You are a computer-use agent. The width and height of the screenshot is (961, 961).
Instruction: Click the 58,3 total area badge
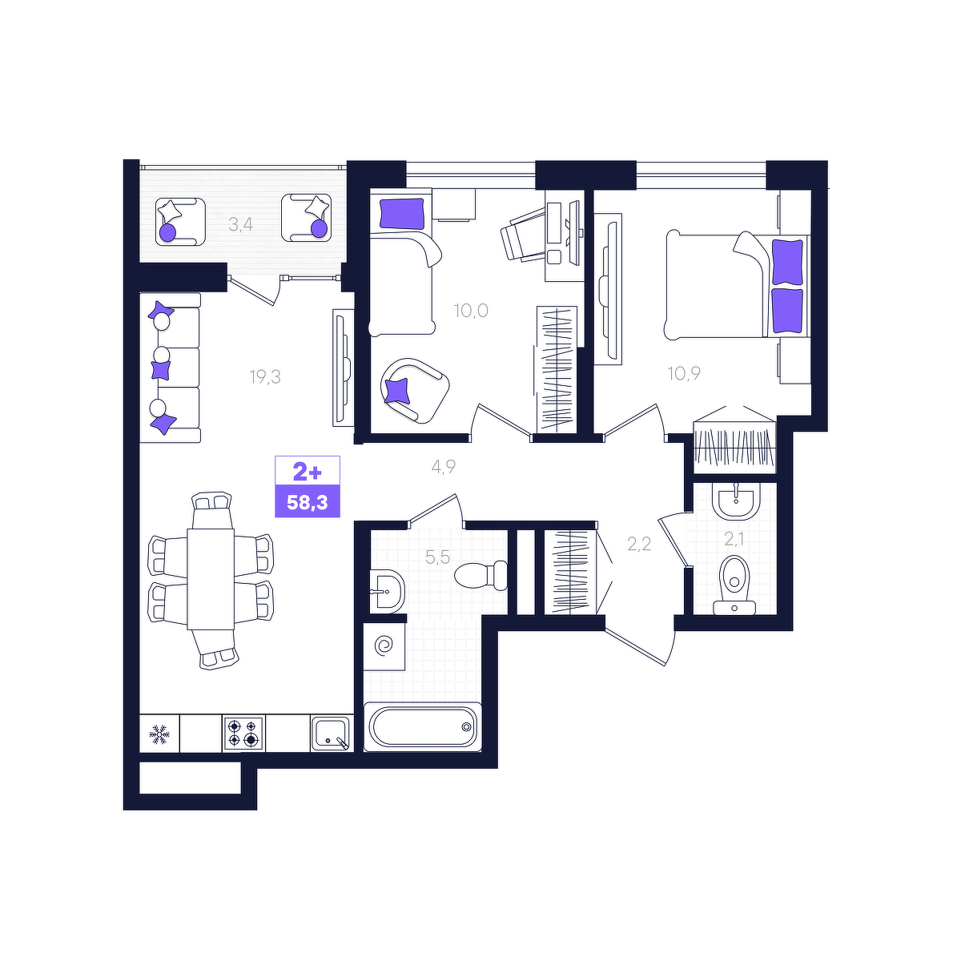(x=308, y=501)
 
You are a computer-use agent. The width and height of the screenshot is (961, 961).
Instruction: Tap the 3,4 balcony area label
(x=240, y=225)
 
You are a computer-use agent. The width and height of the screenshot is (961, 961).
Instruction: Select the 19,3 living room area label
(x=265, y=377)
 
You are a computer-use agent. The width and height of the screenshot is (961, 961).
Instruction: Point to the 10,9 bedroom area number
(x=684, y=373)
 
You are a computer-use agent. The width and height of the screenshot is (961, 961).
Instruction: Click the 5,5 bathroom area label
(x=437, y=557)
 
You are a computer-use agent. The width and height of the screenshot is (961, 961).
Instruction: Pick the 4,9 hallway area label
(x=444, y=467)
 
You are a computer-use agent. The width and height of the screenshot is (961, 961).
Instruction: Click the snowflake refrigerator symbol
(x=159, y=734)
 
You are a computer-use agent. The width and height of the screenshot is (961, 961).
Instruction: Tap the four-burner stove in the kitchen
(x=243, y=733)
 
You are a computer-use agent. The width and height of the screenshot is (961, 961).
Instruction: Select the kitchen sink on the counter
(x=331, y=733)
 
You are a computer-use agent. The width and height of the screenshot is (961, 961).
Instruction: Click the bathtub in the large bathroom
(x=422, y=727)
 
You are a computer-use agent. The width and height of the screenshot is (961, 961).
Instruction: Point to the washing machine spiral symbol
(x=385, y=647)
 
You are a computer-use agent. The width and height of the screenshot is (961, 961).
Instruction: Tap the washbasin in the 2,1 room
(x=736, y=501)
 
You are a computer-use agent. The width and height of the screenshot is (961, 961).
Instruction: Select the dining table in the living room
(x=211, y=579)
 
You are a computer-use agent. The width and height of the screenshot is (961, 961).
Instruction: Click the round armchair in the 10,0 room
(x=415, y=390)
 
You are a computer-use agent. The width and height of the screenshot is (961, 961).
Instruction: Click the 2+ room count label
(x=308, y=471)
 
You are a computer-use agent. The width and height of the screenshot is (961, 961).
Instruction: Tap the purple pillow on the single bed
(x=401, y=214)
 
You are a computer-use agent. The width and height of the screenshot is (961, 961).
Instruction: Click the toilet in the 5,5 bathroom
(x=481, y=575)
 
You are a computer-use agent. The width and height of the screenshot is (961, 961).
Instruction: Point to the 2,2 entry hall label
(x=639, y=544)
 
